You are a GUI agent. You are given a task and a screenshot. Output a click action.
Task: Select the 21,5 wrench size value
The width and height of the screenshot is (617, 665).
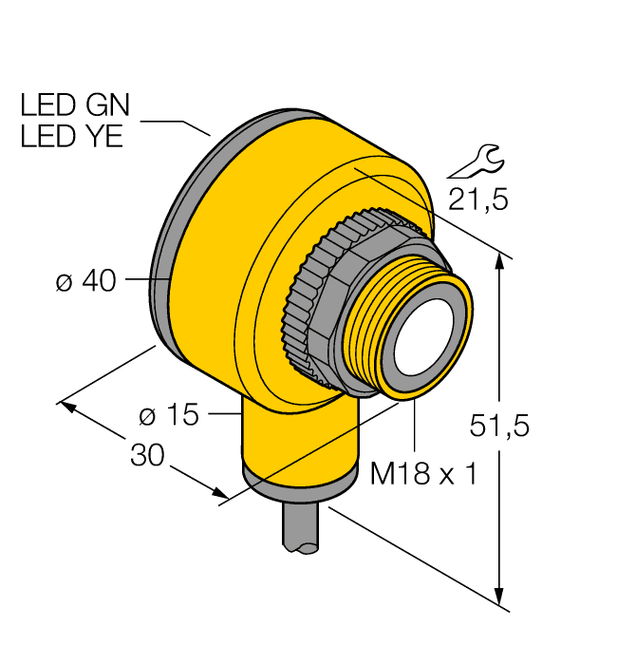tap(477, 199)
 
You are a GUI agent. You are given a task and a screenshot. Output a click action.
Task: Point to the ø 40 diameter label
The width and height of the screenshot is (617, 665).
tap(85, 281)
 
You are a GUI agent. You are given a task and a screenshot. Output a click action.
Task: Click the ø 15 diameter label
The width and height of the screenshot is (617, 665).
tap(171, 415)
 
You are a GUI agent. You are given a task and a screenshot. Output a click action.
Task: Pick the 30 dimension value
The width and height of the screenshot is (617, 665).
tap(147, 456)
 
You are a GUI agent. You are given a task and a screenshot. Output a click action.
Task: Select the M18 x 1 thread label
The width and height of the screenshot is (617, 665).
tap(422, 474)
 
